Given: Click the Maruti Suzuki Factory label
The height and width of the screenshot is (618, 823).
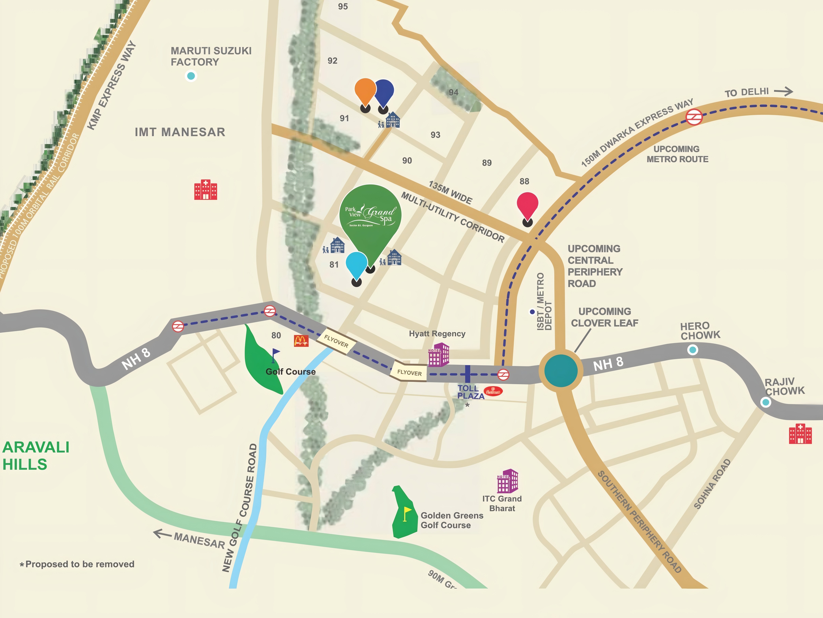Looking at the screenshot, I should [x=211, y=56].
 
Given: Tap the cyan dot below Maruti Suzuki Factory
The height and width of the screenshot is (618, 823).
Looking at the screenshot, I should [x=191, y=76].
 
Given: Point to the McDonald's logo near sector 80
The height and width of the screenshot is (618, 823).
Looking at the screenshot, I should [x=301, y=341].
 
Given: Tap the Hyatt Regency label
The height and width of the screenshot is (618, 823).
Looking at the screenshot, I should [x=437, y=334].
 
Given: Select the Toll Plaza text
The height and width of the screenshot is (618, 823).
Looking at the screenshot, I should [x=470, y=392].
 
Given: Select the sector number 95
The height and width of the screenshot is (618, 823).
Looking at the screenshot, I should [x=343, y=6].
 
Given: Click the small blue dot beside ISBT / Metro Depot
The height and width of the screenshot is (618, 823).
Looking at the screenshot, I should [x=532, y=312].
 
